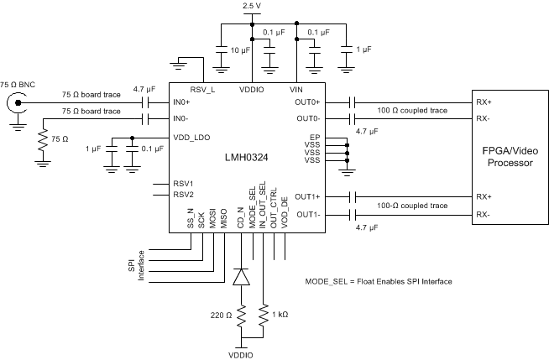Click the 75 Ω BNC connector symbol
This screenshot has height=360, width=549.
pos(15,104)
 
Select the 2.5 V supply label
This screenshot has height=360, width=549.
pos(252,7)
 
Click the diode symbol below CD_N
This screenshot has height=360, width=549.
pos(242,275)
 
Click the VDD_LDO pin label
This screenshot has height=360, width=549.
pos(191,137)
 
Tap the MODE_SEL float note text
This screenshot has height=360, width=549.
pos(379,281)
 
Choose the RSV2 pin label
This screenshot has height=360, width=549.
pos(184,194)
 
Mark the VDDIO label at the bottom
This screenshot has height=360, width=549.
pos(242,353)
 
